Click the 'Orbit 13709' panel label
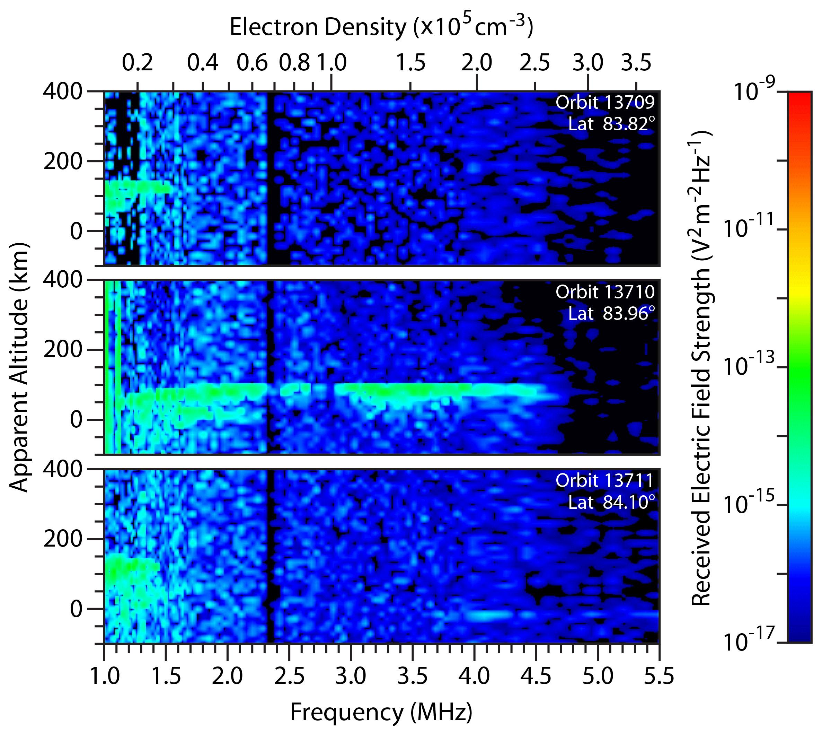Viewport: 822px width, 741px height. coord(605,102)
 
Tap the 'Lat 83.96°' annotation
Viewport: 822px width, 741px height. coord(612,314)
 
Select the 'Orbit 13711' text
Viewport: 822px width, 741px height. coord(605,481)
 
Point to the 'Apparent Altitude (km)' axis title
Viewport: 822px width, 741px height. coord(19,367)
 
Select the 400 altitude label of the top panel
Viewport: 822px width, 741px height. coord(63,91)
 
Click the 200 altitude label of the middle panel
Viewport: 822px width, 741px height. coord(63,350)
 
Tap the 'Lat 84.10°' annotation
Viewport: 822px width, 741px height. coord(612,503)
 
